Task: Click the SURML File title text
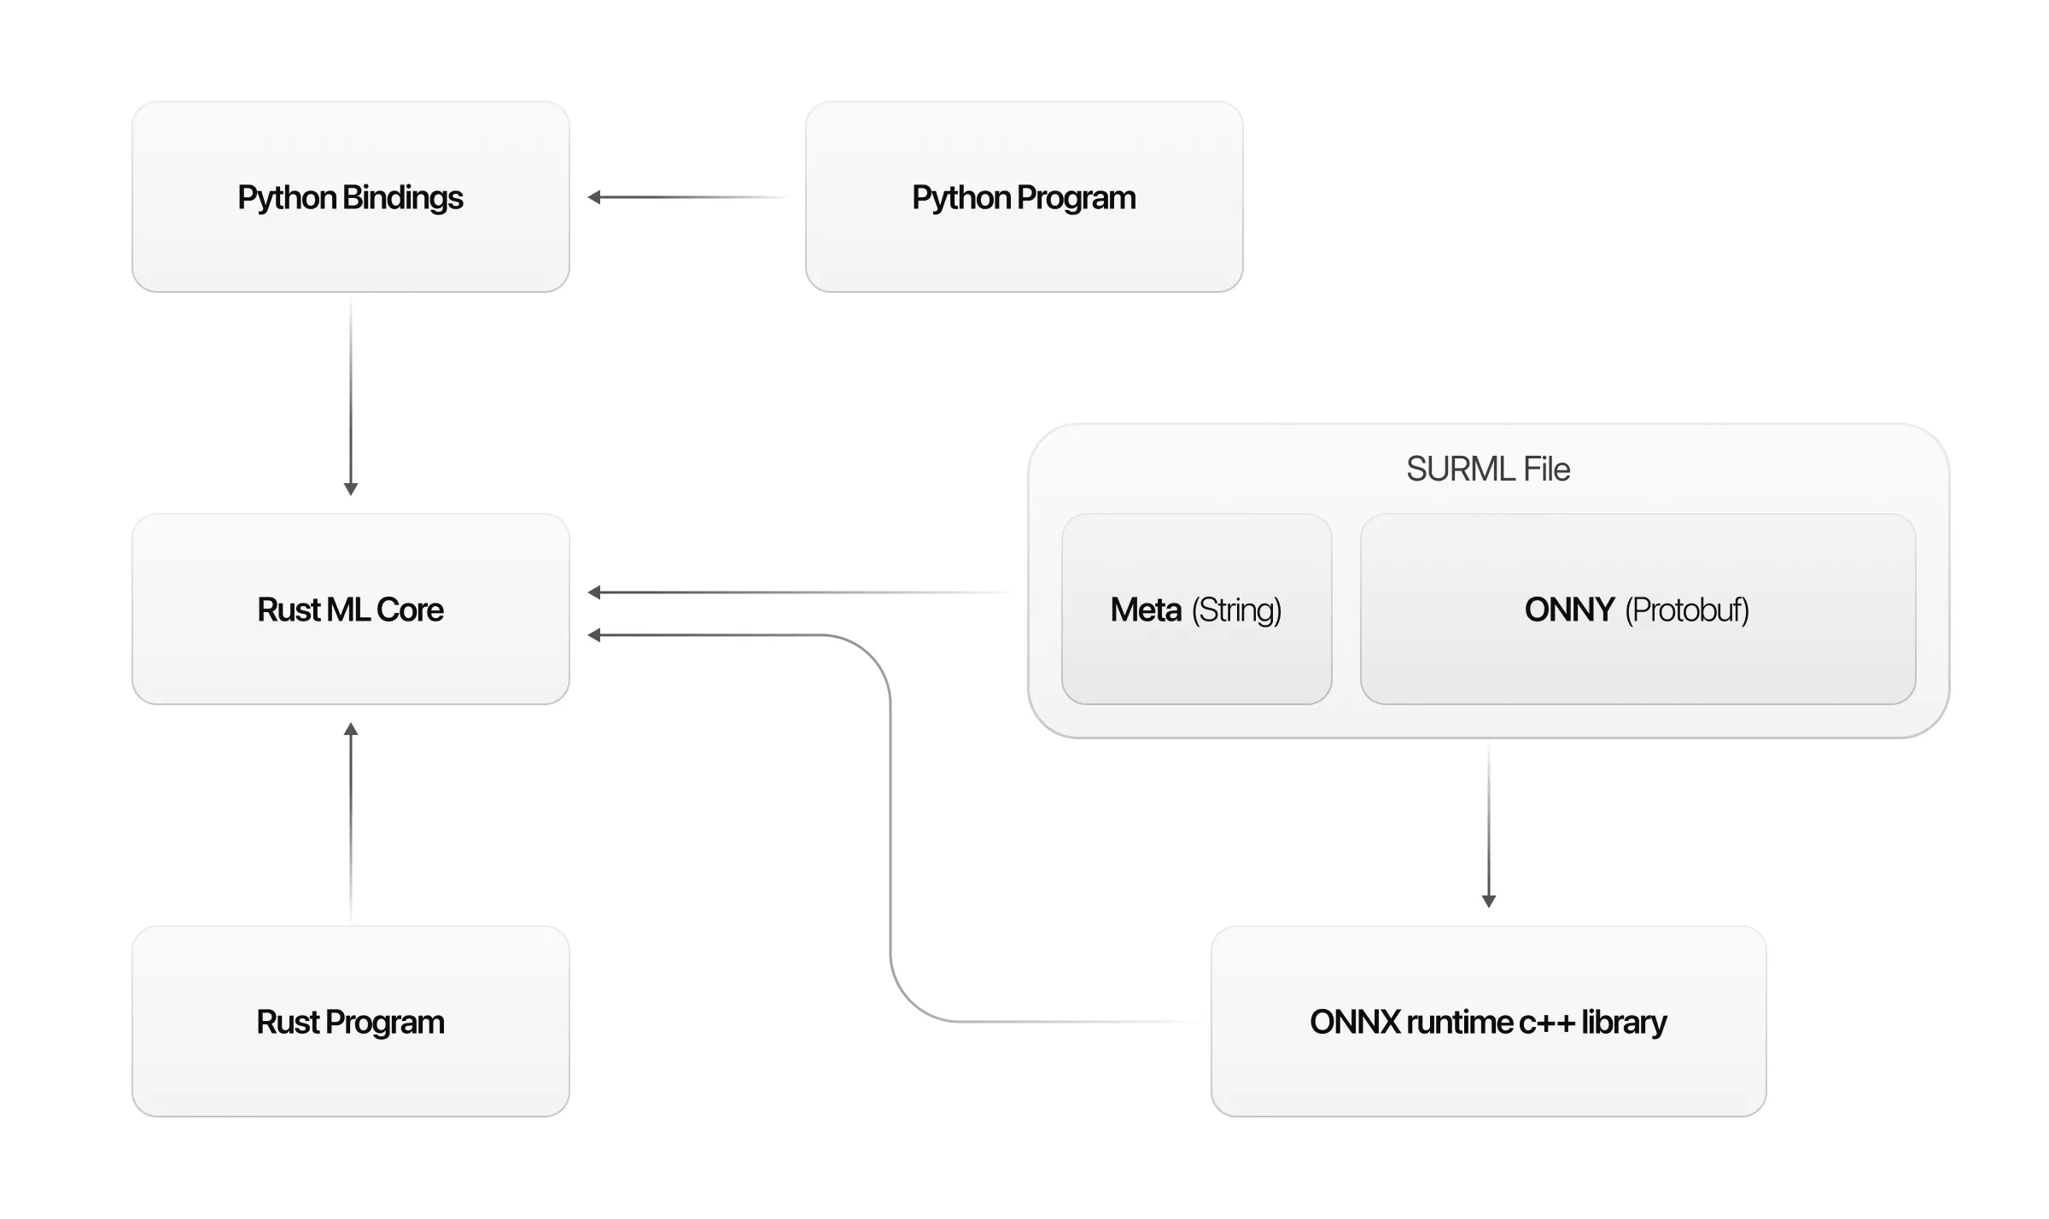(x=1488, y=469)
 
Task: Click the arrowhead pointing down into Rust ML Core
(x=350, y=489)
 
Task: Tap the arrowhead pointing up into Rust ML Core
(x=350, y=729)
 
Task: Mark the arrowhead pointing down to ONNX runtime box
(x=1488, y=901)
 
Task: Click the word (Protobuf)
(x=1686, y=609)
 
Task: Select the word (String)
(x=1236, y=609)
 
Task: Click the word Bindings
(x=403, y=197)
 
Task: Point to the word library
(x=1623, y=1022)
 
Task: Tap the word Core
(x=410, y=609)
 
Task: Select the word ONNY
(x=1569, y=609)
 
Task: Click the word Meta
(x=1146, y=609)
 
